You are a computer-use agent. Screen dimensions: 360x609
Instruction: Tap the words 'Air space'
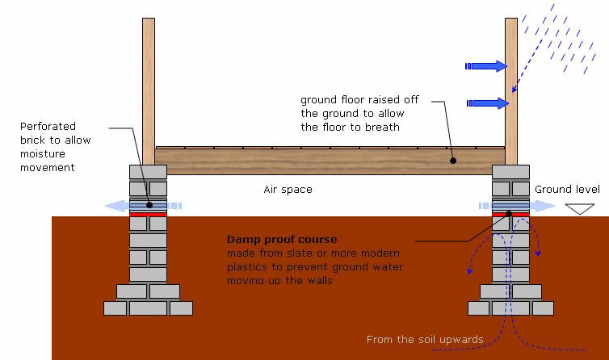tap(288, 190)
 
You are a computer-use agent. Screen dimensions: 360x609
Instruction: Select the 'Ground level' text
tap(567, 190)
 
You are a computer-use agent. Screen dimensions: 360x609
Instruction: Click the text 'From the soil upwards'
tap(425, 340)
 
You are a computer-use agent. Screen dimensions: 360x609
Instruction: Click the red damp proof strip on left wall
tap(149, 215)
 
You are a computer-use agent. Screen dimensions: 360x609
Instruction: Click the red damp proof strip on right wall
tap(510, 215)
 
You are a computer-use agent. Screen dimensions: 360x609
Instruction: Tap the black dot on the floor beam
tap(454, 160)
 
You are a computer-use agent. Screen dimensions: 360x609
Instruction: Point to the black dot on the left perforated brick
tap(149, 204)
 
